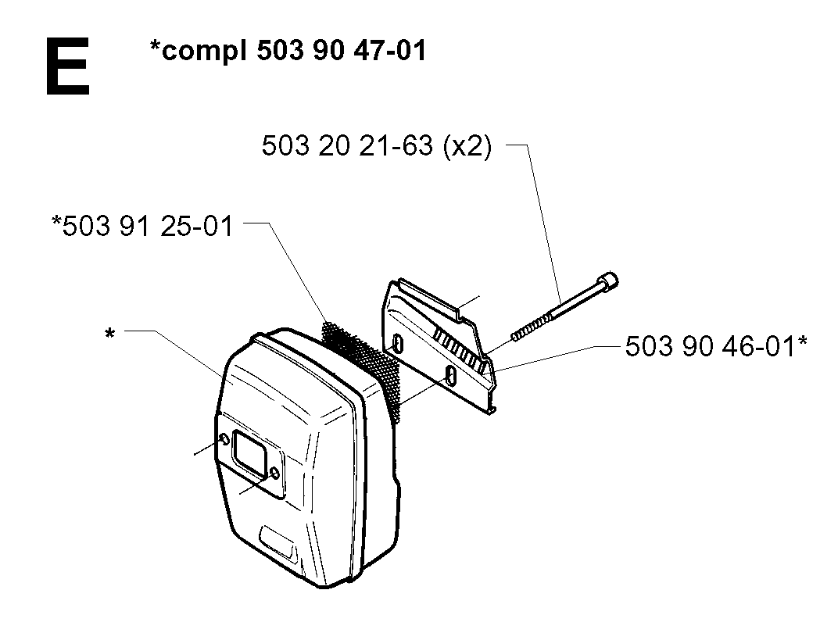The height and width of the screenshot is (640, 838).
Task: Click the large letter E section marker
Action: (67, 66)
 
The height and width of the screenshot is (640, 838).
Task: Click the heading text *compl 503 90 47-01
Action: (288, 52)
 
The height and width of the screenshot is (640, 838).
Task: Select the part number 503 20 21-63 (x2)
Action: (376, 145)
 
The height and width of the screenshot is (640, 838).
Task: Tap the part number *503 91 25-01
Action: (142, 225)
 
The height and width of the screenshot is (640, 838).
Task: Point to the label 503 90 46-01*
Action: (716, 345)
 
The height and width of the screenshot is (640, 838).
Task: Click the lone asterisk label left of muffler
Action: (109, 334)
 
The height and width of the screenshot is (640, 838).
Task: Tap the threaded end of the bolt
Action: (532, 326)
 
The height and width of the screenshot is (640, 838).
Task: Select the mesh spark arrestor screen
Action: (361, 364)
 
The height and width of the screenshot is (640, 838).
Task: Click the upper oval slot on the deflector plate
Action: (398, 344)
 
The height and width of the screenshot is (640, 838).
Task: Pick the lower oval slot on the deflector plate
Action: (452, 376)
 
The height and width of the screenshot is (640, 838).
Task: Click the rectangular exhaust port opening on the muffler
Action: (249, 454)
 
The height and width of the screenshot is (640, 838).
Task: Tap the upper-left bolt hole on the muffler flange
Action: (224, 439)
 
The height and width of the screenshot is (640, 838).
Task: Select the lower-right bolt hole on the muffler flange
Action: (274, 472)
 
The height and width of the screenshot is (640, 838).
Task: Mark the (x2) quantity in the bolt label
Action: (467, 146)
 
